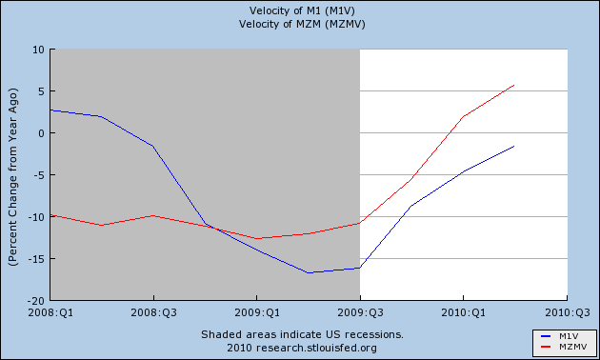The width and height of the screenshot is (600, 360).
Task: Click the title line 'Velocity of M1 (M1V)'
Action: pos(302,10)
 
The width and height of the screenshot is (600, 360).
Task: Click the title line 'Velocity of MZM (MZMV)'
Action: pos(302,24)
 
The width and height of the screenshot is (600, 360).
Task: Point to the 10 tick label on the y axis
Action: pos(39,50)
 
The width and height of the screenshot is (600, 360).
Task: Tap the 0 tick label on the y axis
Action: pos(42,133)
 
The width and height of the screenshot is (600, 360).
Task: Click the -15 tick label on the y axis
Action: pos(36,259)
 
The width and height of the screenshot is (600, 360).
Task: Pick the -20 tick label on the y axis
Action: pos(36,301)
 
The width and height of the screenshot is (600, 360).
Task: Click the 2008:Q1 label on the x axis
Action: pos(50,312)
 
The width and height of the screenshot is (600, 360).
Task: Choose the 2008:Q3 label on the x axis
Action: pos(154,312)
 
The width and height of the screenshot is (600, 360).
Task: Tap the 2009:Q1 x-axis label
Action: pos(257,312)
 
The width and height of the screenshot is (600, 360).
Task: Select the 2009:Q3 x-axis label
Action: pos(360,312)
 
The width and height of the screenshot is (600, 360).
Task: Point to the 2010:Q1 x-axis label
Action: pos(464,312)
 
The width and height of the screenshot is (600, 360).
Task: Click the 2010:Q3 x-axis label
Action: pos(567,312)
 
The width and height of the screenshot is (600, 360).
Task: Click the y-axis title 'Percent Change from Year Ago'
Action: pos(12,177)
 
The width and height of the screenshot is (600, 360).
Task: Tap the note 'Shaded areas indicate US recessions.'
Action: pos(302,334)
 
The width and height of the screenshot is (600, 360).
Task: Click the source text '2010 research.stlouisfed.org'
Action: pos(302,348)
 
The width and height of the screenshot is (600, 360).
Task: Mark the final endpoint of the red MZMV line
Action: pos(514,85)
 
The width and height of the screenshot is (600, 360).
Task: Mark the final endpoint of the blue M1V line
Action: pos(514,146)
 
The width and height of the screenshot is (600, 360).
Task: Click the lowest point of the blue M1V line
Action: pos(308,272)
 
